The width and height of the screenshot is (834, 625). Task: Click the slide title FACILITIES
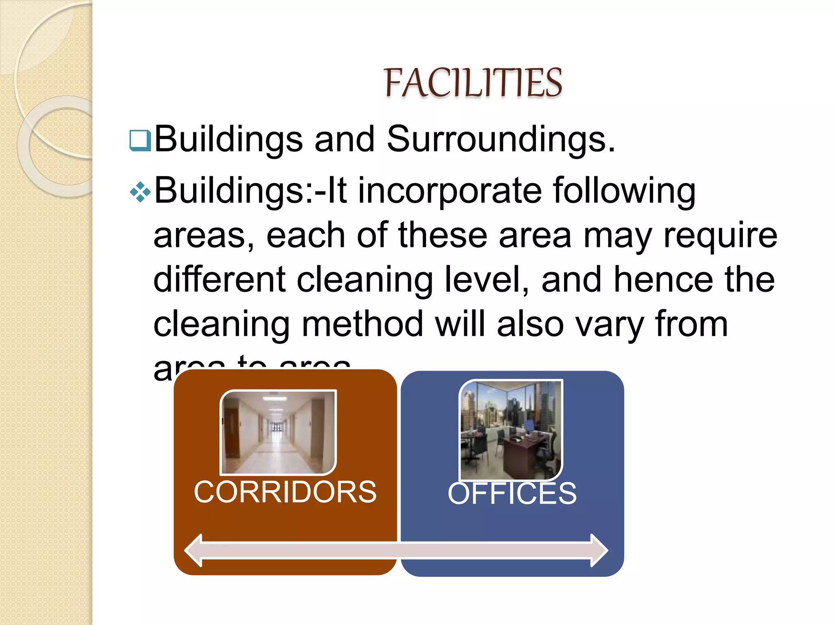coord(473,83)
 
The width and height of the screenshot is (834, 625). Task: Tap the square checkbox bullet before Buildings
coord(140,140)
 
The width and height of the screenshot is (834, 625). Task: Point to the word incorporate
coord(450,191)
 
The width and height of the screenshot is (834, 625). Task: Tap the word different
coord(219,280)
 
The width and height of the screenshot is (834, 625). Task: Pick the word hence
coord(663,280)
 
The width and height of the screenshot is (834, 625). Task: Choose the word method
coord(362,324)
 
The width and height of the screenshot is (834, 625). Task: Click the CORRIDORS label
coord(285,492)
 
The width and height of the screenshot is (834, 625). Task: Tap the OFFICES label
coord(512,494)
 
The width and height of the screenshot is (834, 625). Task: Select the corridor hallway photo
coord(278,432)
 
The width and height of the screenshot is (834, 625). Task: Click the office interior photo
coord(511,430)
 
